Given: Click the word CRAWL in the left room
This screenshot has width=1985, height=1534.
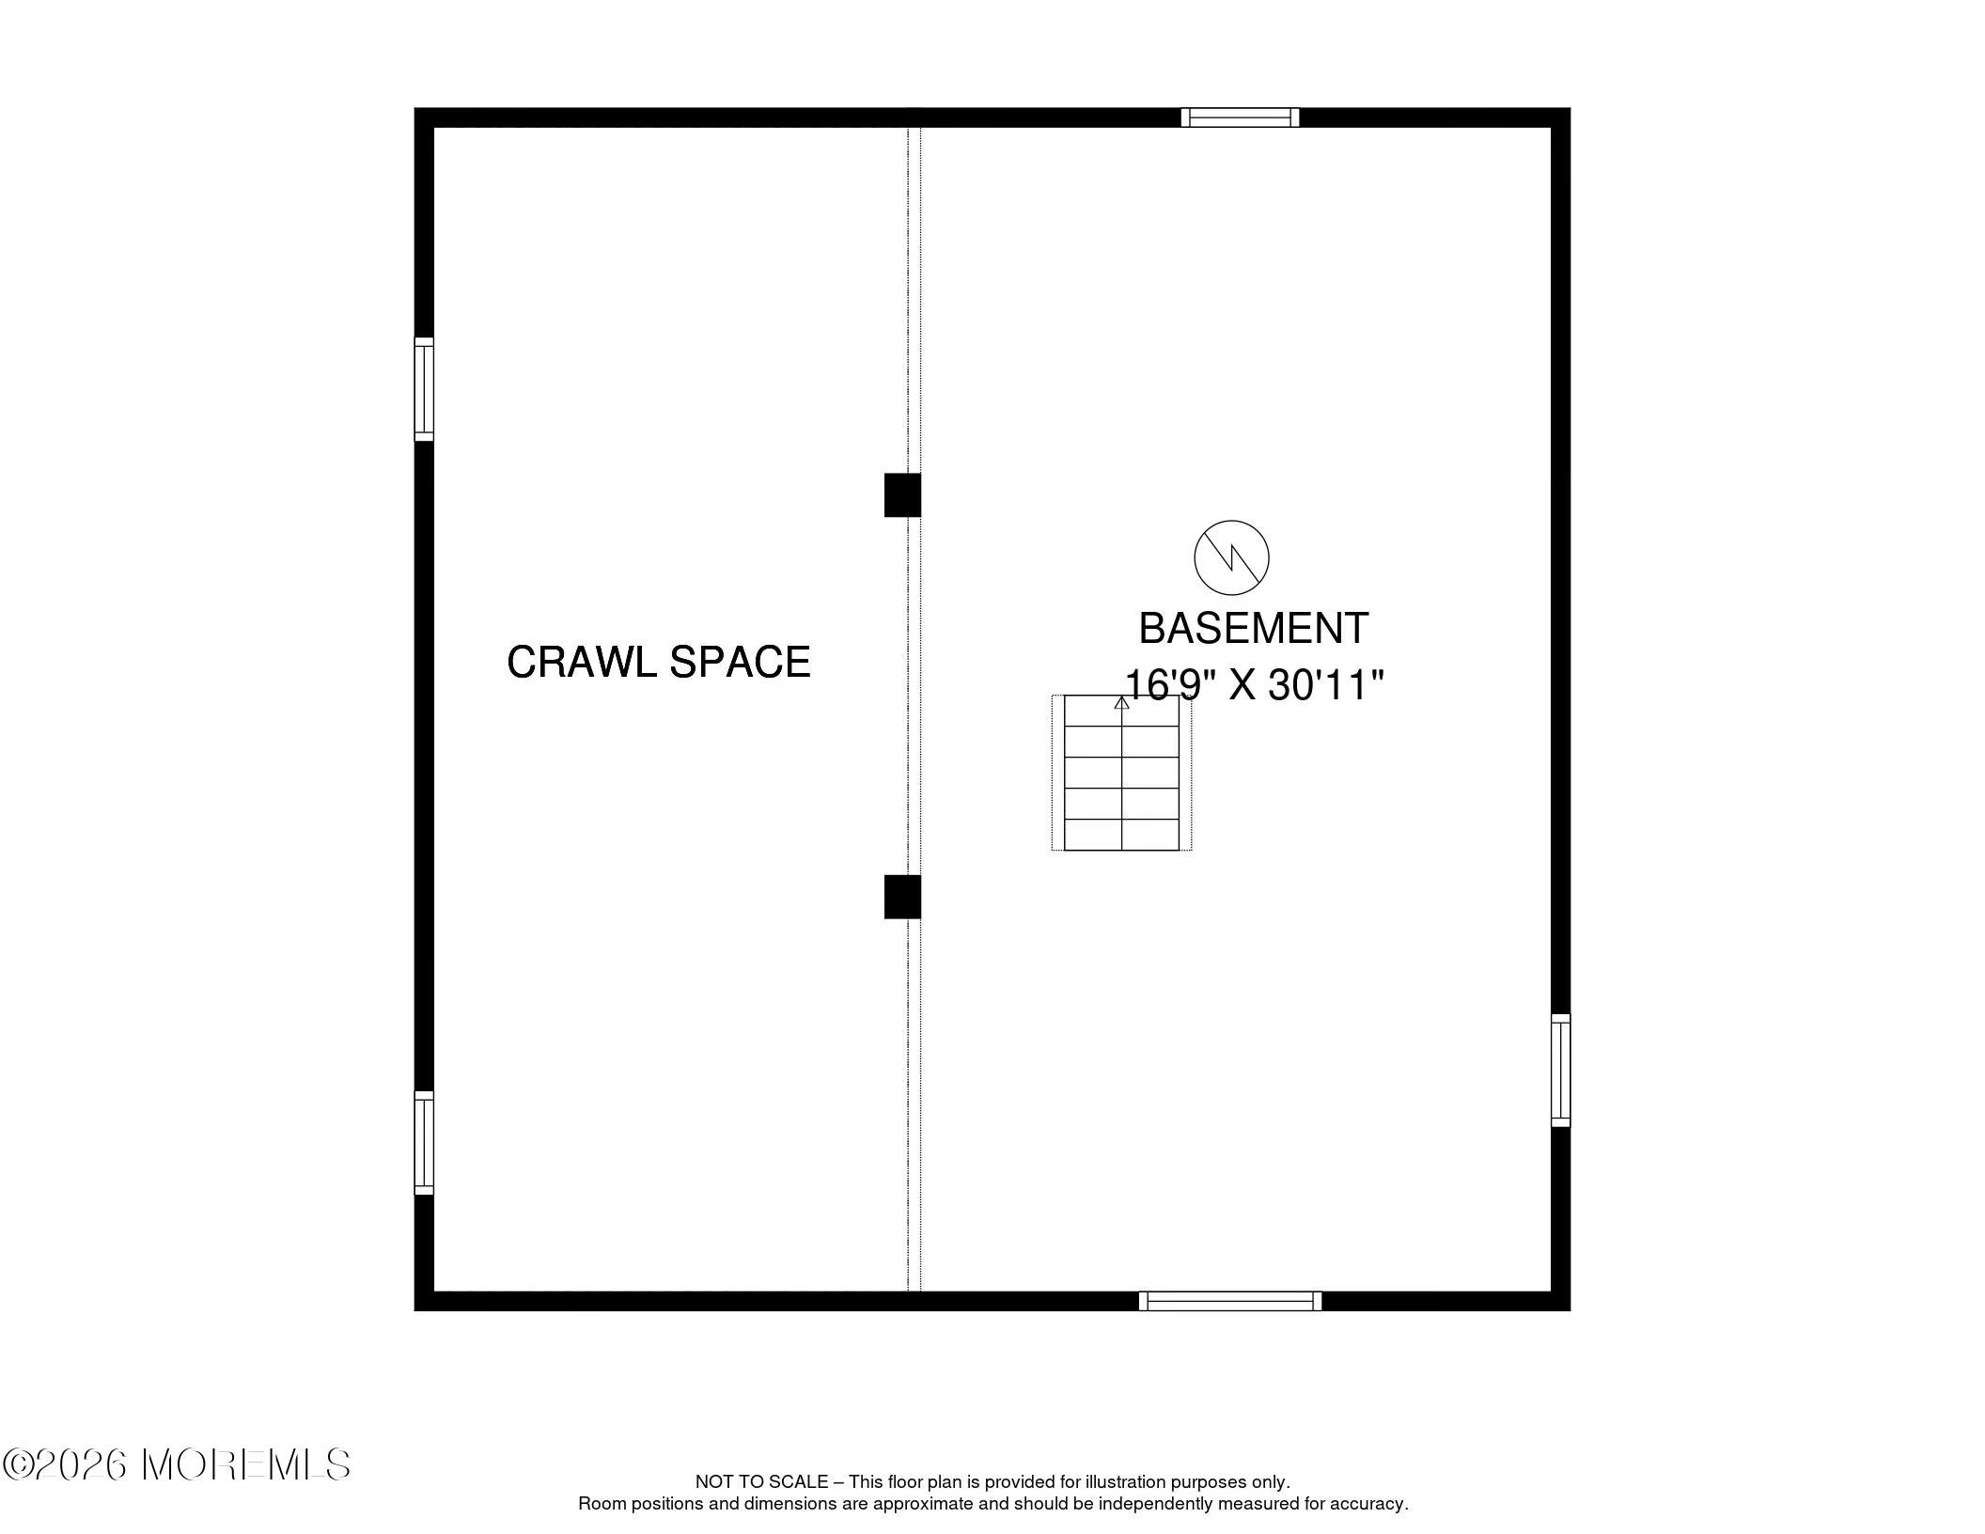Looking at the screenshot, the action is click(582, 662).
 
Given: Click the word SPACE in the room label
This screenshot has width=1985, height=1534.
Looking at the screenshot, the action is click(740, 662).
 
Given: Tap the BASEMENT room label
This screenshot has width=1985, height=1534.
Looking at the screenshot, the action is click(1254, 629).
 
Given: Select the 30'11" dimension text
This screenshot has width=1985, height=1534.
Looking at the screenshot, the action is click(1326, 686).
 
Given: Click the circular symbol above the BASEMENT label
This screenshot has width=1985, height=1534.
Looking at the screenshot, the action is click(1231, 557).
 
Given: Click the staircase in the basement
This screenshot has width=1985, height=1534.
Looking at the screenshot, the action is click(1121, 773).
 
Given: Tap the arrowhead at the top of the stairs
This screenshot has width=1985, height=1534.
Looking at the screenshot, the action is click(1121, 701).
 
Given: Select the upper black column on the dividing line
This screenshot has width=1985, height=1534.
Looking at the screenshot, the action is click(902, 494).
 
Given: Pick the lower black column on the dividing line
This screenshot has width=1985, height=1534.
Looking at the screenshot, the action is click(902, 897).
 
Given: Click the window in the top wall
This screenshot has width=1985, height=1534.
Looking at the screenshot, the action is click(1241, 117).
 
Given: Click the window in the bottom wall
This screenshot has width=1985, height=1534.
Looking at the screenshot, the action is click(1230, 1301).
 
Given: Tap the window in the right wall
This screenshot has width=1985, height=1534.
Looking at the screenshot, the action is click(1560, 1070).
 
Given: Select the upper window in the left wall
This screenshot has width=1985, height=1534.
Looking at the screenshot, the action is click(424, 389).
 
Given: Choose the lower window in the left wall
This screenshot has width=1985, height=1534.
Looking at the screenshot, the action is click(424, 1143).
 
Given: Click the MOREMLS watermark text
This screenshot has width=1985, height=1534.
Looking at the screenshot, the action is click(246, 1464).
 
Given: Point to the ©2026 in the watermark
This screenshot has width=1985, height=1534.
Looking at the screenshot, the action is click(65, 1464).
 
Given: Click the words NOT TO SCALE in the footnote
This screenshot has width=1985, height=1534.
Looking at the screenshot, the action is click(761, 1482).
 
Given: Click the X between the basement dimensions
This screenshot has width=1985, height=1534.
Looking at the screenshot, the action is click(1243, 686).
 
